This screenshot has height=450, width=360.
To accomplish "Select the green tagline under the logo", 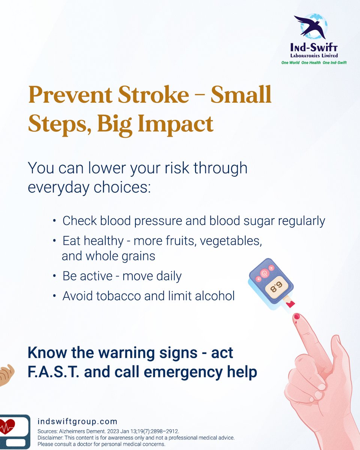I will tap(314, 63).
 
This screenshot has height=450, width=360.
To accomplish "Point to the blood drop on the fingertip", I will tap(297, 317).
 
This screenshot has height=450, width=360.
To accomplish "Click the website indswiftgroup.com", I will tap(78, 421).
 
